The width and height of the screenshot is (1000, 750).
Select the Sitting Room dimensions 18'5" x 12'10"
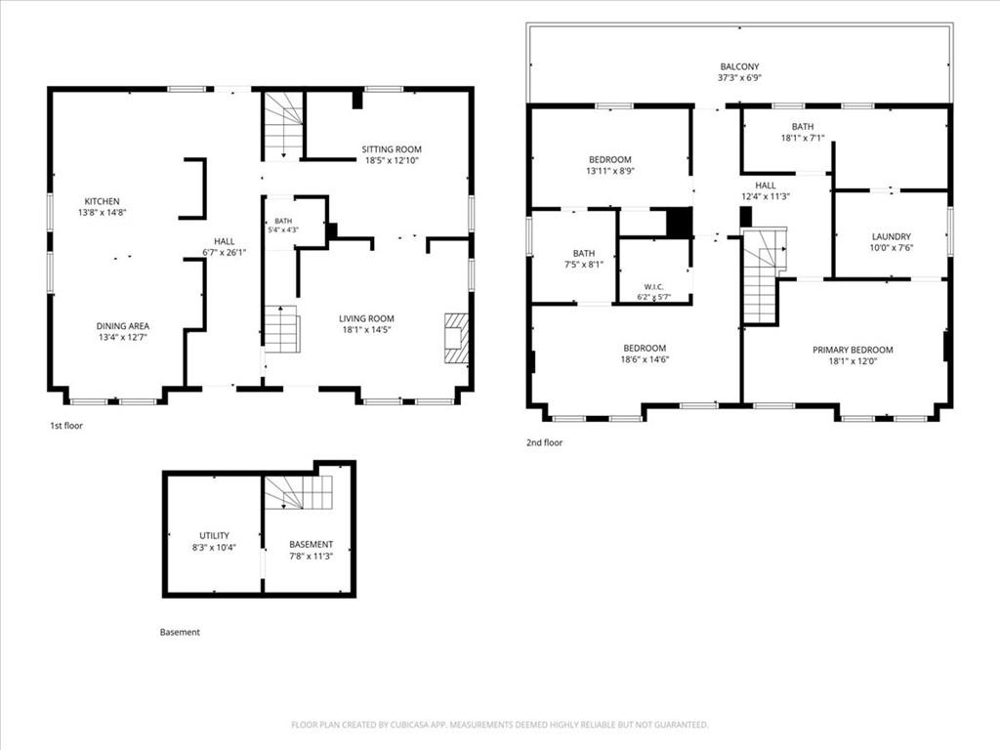[392, 161]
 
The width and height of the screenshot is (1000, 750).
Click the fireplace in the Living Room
[457, 338]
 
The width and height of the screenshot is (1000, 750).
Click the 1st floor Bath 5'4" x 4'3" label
[283, 226]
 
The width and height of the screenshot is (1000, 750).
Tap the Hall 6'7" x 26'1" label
[224, 247]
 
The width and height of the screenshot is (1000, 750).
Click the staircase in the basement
[299, 492]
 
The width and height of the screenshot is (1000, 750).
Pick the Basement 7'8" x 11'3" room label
[312, 550]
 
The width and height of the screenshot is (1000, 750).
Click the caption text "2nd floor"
[544, 442]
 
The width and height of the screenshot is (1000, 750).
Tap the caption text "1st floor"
[66, 426]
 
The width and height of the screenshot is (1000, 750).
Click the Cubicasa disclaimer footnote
[499, 725]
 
